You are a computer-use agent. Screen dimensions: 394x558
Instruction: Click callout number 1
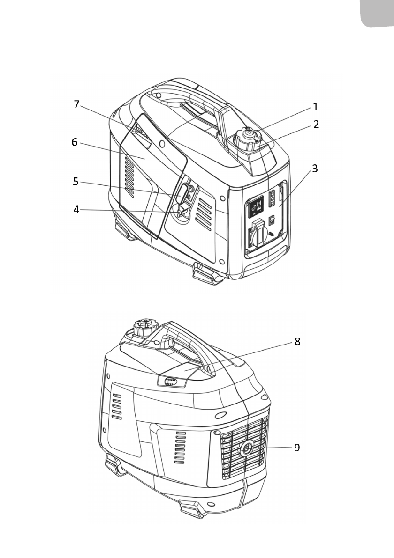(315, 106)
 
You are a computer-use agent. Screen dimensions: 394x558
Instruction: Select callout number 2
(316, 124)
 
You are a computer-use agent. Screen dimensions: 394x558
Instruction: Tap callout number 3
(315, 169)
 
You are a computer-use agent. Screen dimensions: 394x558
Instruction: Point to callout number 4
(76, 210)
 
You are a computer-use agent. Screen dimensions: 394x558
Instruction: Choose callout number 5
(76, 182)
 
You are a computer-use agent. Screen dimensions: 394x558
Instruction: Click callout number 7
(76, 104)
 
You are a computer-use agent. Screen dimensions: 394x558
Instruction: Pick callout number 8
(297, 342)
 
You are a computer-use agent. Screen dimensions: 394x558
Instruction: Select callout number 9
(297, 448)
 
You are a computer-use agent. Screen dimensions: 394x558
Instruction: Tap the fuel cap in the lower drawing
(145, 327)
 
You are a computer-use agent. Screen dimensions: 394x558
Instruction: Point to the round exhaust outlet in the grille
(246, 448)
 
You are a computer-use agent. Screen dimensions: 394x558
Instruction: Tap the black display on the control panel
(257, 206)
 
